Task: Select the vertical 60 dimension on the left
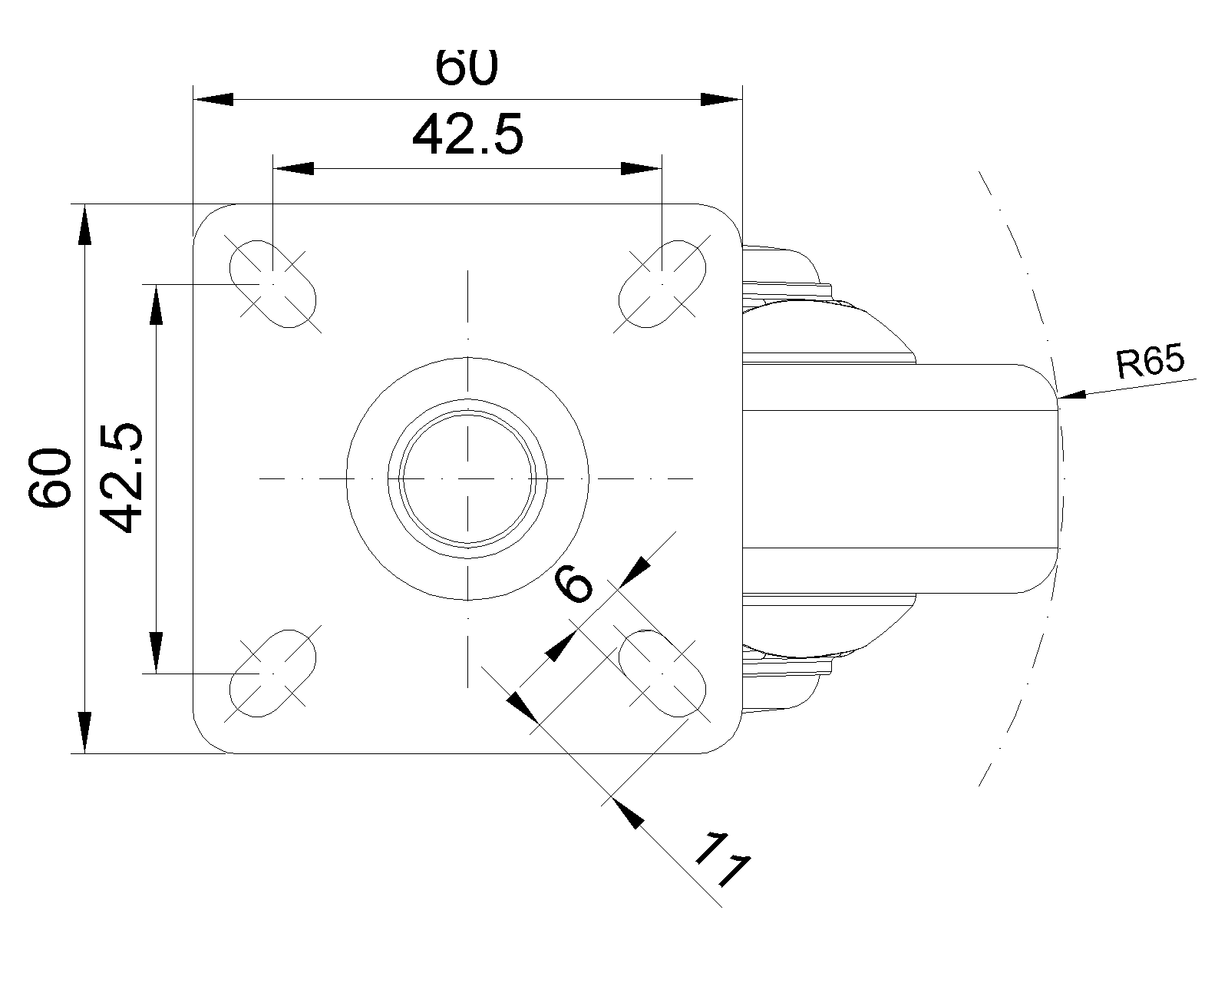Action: click(50, 478)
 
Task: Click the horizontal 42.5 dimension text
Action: click(467, 136)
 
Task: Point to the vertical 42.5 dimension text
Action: click(120, 478)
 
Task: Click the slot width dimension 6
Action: click(574, 586)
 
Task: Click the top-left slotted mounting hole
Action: click(273, 283)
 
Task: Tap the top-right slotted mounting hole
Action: click(662, 283)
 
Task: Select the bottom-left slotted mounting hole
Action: click(273, 673)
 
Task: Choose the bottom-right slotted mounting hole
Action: click(662, 673)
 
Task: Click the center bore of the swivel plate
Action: click(467, 478)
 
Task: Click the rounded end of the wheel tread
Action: click(1051, 478)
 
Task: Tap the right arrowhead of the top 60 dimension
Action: click(720, 99)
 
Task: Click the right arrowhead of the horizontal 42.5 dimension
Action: click(639, 168)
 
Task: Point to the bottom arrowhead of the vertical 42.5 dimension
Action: click(156, 652)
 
